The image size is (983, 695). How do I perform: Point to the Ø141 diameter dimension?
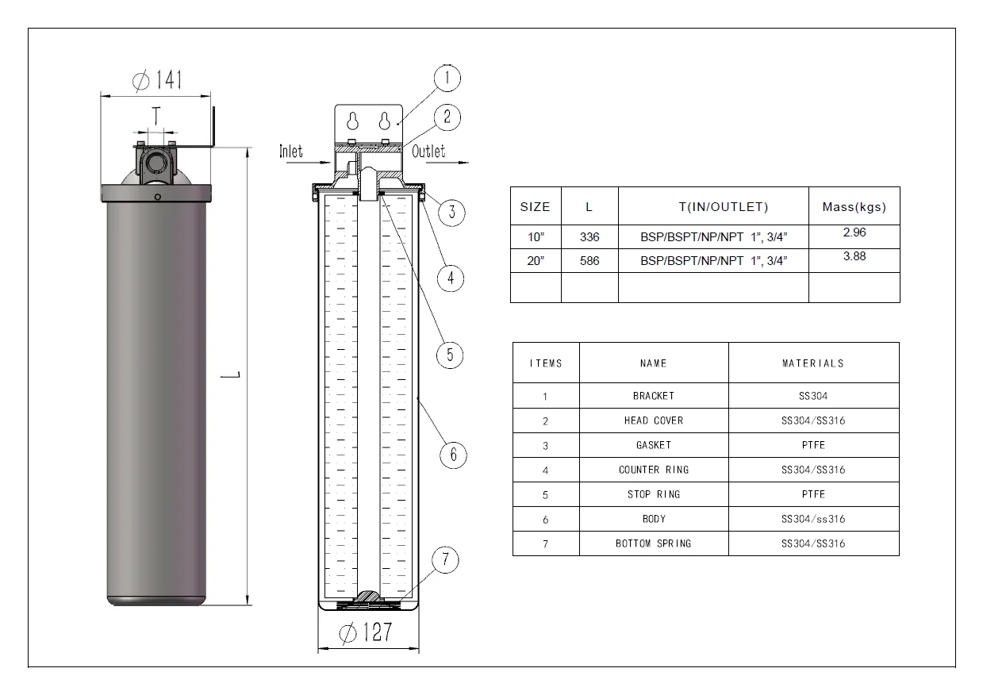pyautogui.click(x=157, y=80)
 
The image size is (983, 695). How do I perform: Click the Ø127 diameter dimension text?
pyautogui.click(x=366, y=632)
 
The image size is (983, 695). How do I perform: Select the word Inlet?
pyautogui.click(x=291, y=152)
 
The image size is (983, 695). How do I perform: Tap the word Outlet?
pyautogui.click(x=428, y=152)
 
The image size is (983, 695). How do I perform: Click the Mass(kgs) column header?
pyautogui.click(x=854, y=206)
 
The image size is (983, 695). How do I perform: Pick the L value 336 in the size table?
pyautogui.click(x=589, y=237)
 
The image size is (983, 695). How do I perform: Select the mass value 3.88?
pyautogui.click(x=854, y=256)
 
